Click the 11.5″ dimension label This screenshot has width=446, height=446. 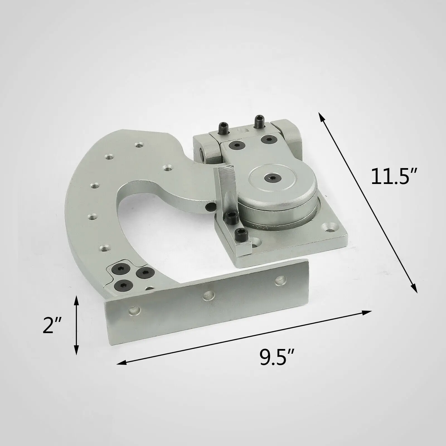393,177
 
